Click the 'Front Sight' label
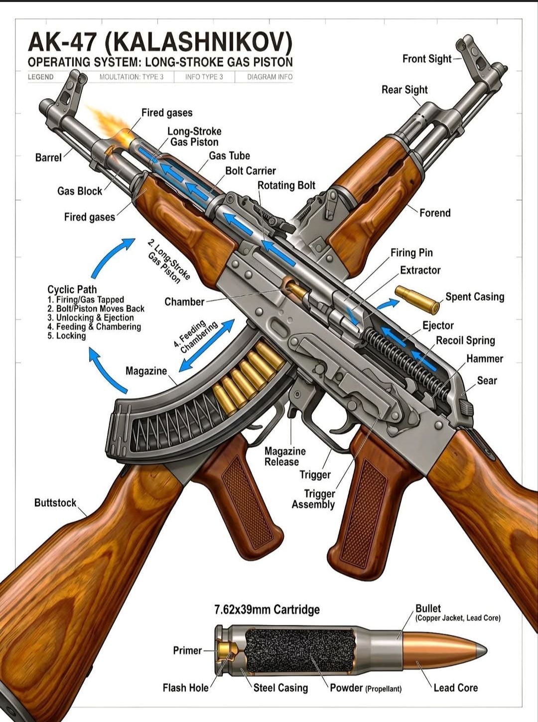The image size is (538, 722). click(x=427, y=59)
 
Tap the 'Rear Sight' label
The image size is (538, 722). click(x=404, y=90)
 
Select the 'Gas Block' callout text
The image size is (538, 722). click(x=80, y=191)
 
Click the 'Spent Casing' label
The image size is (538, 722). click(x=475, y=296)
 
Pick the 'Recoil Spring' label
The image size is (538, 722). click(x=465, y=340)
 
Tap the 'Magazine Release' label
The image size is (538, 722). click(x=285, y=456)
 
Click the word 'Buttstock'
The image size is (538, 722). click(x=55, y=503)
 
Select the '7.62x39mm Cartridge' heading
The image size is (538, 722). click(x=267, y=609)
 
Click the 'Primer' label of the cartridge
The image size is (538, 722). click(x=187, y=650)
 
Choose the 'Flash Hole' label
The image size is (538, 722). click(x=185, y=688)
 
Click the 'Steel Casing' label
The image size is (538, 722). click(x=280, y=688)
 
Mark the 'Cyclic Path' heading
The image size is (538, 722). click(x=72, y=289)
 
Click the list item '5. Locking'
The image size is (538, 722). click(x=66, y=336)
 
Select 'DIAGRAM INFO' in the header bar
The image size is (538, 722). click(x=269, y=77)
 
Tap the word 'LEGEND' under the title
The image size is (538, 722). click(x=41, y=77)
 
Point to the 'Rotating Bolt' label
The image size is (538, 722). click(x=286, y=185)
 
